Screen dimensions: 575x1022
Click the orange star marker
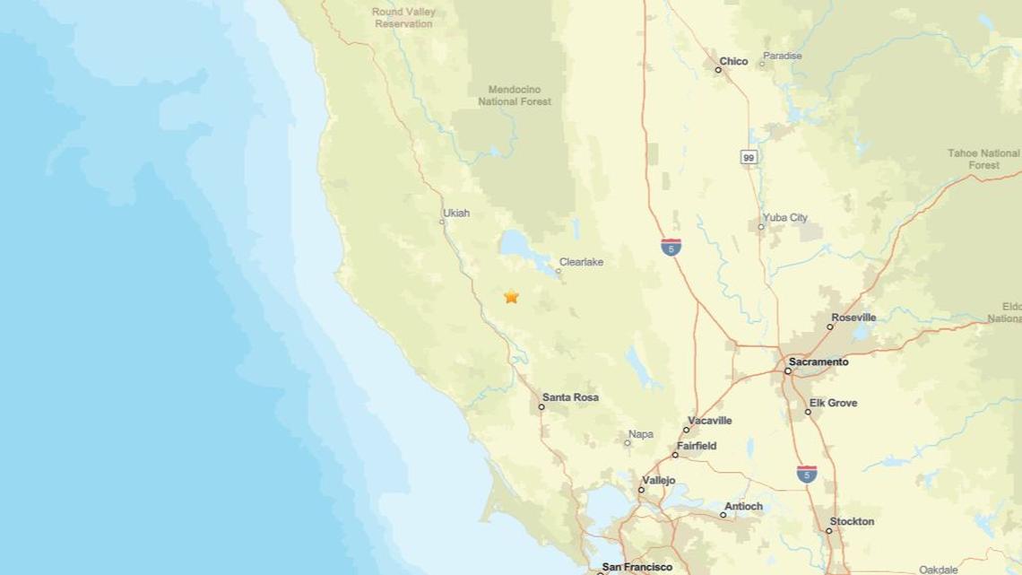(511, 296)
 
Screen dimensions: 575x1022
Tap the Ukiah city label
(455, 213)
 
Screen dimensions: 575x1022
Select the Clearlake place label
(581, 262)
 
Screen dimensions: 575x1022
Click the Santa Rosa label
(570, 397)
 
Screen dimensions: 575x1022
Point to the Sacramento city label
(818, 362)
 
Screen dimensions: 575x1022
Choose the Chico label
(733, 61)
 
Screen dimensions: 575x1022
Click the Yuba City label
(784, 217)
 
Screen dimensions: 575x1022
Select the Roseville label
(853, 318)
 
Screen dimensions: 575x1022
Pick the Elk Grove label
(833, 403)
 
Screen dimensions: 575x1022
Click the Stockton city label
(852, 521)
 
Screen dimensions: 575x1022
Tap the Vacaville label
(709, 420)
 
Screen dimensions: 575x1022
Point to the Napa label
(640, 434)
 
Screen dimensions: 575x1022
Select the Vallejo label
(658, 481)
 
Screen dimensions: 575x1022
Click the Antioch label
(743, 506)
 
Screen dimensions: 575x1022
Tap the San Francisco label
(637, 567)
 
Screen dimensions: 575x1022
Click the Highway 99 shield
(749, 157)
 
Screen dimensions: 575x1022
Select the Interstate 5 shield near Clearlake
(671, 247)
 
